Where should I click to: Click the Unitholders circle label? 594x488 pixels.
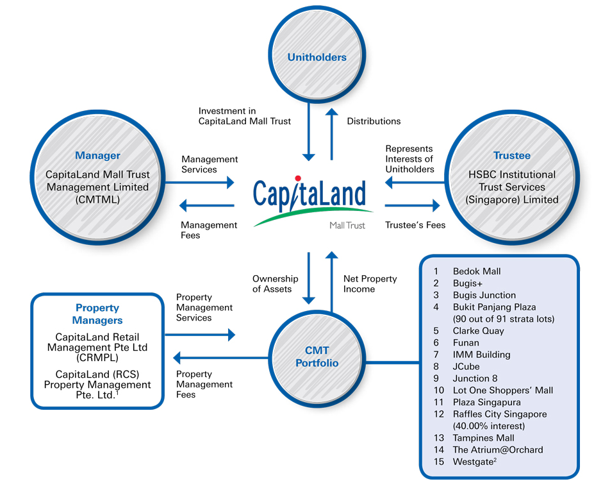click(317, 57)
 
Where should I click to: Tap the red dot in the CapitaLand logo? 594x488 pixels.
click(298, 178)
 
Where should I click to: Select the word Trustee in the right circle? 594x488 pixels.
click(512, 155)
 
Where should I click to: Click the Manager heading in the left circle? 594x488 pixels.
click(98, 155)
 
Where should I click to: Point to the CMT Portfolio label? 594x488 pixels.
click(317, 357)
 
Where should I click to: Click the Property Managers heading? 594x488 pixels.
click(97, 314)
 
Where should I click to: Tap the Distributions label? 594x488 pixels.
click(374, 121)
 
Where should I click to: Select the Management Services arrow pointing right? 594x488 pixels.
click(200, 183)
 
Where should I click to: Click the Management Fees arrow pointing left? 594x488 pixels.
click(207, 206)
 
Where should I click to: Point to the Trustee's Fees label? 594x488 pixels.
click(415, 225)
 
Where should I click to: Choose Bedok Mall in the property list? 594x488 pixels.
click(477, 271)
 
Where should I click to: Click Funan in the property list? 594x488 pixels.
click(466, 343)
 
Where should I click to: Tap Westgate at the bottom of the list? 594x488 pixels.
click(475, 462)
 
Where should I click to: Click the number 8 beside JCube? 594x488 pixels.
click(436, 367)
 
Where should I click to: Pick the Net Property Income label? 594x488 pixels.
click(370, 284)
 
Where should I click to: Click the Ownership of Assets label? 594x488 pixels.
click(276, 284)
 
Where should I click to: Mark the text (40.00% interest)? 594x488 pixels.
click(489, 426)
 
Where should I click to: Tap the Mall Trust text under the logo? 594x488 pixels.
click(347, 226)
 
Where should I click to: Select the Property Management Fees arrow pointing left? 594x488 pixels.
click(221, 358)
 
